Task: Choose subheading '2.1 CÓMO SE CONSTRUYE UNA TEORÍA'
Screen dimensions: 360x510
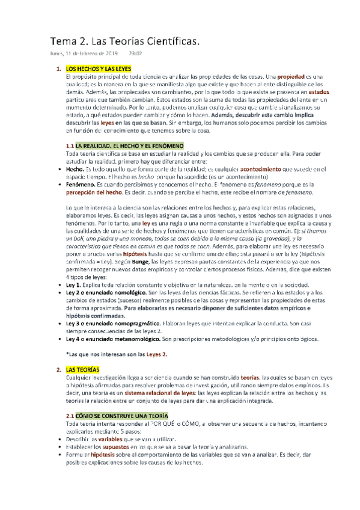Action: click(x=117, y=416)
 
